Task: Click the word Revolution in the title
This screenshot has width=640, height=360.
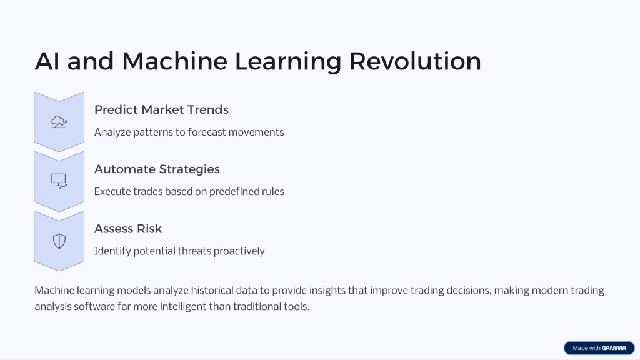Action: point(415,61)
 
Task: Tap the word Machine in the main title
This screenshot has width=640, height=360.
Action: point(175,61)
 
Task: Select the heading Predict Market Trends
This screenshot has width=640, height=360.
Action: point(161,109)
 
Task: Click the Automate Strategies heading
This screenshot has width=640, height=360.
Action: point(157,169)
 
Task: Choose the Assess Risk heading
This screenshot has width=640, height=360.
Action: point(128,229)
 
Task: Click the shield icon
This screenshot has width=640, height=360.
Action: point(59,241)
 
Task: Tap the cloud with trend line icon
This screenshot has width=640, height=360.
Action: point(59,122)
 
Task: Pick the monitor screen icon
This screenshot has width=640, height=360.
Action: point(59,181)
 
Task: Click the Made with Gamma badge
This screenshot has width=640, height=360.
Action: point(599,348)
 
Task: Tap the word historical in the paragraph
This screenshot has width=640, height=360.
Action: point(210,291)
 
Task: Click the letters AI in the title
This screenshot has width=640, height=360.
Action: point(47,61)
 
